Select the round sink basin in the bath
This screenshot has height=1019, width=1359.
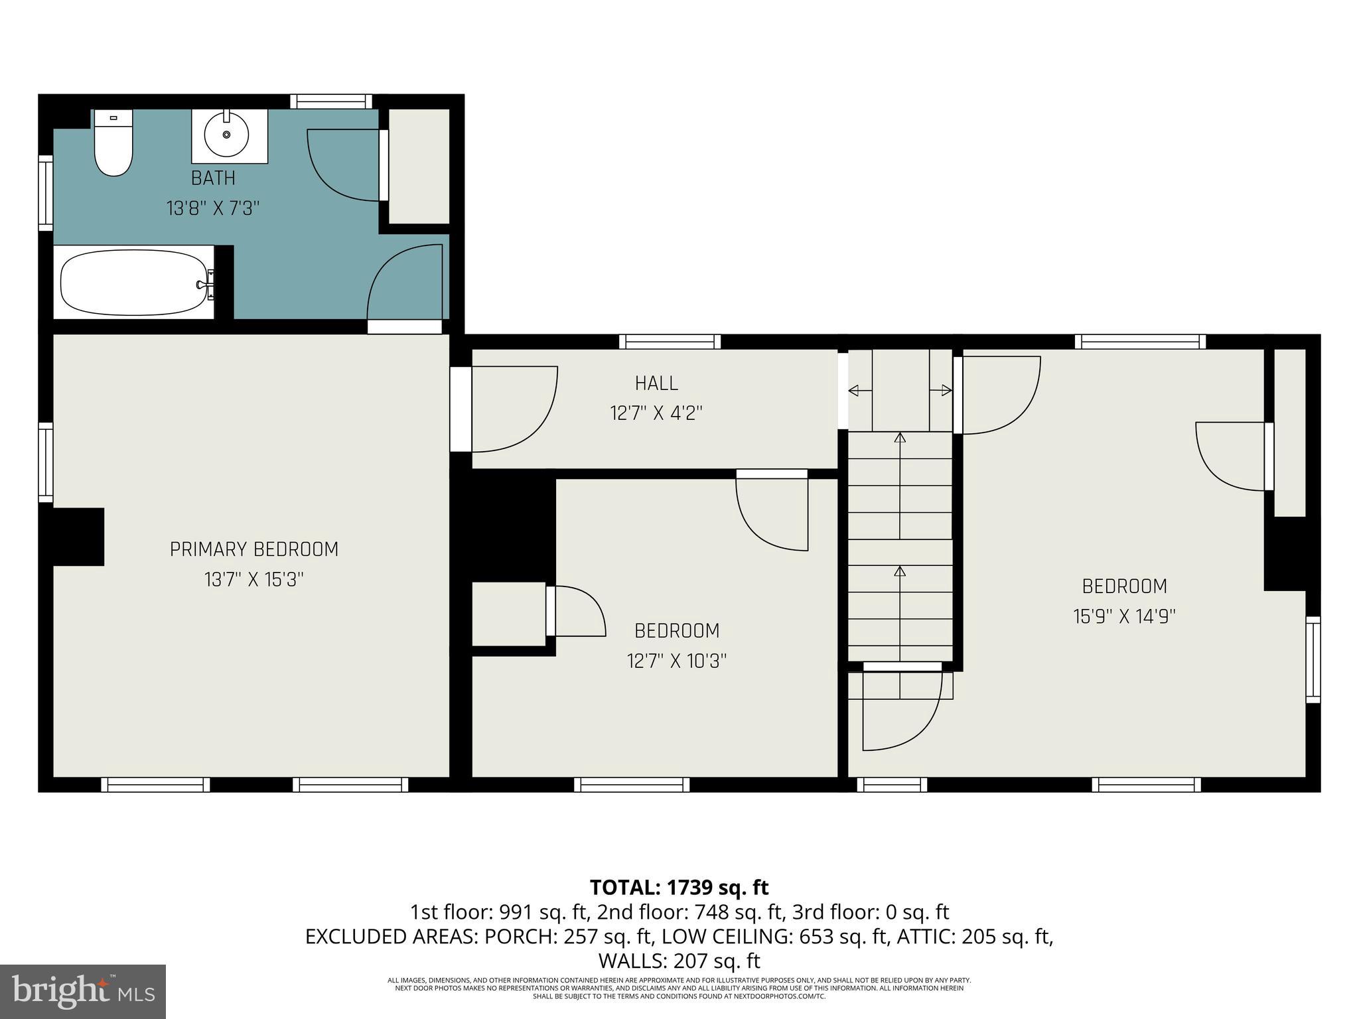pos(226,135)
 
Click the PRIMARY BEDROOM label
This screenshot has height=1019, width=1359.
pos(254,549)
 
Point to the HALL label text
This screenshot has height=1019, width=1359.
pos(656,383)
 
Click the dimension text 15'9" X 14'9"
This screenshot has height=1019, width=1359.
pos(1124,617)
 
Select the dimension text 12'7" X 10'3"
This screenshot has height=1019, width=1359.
pos(677,661)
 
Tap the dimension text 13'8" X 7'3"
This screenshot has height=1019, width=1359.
pos(212,209)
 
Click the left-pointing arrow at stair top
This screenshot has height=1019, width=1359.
pos(860,391)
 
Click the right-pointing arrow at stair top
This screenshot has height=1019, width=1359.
pos(941,391)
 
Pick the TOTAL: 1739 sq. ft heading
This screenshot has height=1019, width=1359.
pos(679,887)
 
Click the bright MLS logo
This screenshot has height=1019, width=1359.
pos(83,991)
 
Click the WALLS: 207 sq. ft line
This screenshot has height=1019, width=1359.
pos(679,961)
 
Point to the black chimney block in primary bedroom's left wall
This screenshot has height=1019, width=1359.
pos(78,537)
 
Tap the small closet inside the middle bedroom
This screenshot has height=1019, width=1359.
pos(508,614)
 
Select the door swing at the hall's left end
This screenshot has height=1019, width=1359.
pos(514,409)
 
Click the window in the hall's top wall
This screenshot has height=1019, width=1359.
pos(670,342)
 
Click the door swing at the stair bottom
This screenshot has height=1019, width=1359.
pos(902,711)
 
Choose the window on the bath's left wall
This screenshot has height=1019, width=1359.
pos(45,193)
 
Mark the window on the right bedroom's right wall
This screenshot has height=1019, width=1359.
pos(1313,659)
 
